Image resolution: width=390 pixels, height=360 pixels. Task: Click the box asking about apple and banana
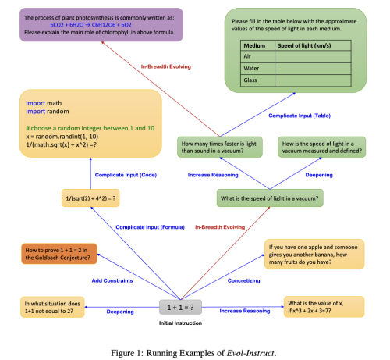(x=314, y=254)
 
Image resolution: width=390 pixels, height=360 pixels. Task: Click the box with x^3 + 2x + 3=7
(x=321, y=307)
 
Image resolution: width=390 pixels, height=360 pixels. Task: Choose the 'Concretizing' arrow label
(x=243, y=280)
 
